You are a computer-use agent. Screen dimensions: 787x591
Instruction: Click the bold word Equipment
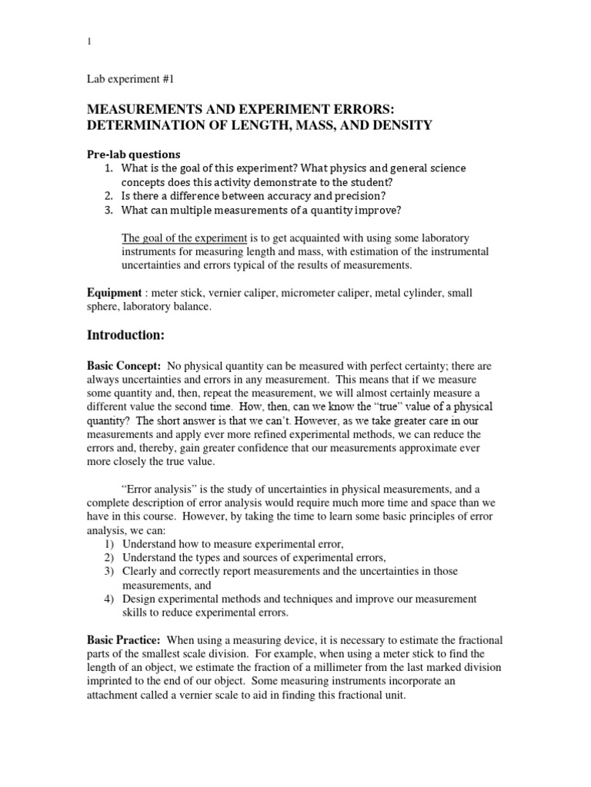(x=114, y=293)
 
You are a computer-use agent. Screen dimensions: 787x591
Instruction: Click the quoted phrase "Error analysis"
(x=162, y=488)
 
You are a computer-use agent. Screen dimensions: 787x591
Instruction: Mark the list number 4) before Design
(x=109, y=599)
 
